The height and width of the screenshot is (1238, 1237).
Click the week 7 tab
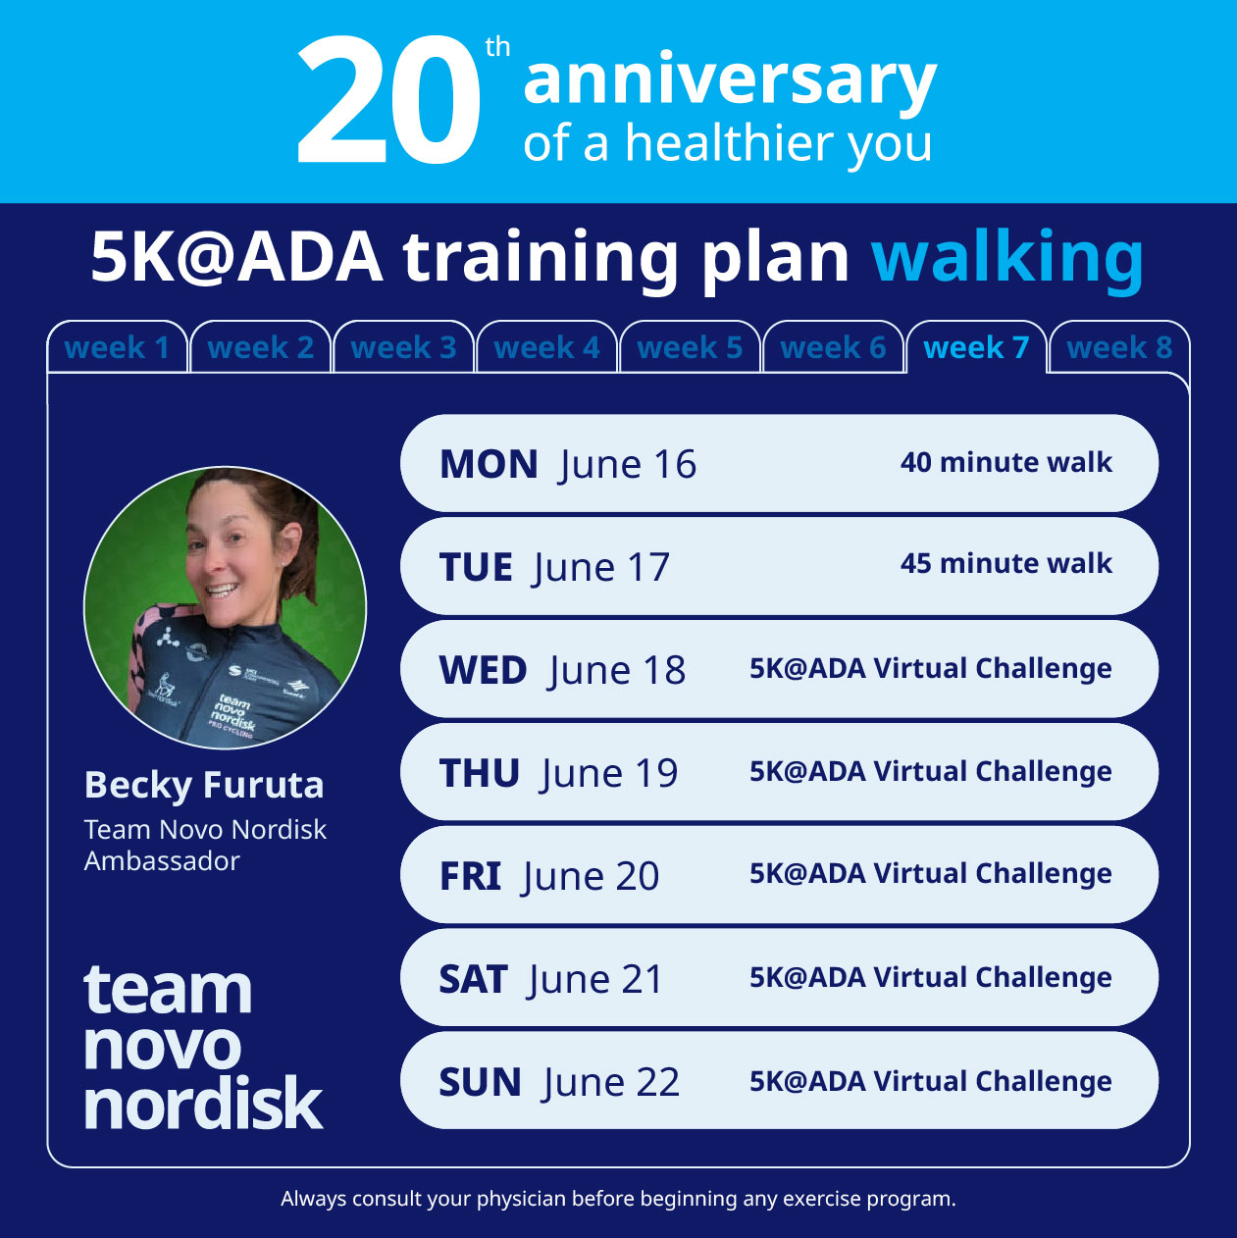point(976,347)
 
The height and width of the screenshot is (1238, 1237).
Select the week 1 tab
point(117,347)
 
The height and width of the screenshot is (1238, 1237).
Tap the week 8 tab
point(1119,347)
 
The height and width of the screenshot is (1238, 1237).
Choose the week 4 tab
point(546,347)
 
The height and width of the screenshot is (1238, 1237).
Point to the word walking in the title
point(1007,257)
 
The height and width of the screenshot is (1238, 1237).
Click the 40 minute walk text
point(1005,462)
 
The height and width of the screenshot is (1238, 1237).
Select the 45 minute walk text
point(1005,563)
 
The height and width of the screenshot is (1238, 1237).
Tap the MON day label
point(489,464)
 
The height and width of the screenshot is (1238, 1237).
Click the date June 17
point(601,568)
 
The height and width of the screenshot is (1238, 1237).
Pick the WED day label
point(483,671)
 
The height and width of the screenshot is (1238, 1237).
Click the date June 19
point(608,774)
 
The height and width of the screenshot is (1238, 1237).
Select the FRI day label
point(470,877)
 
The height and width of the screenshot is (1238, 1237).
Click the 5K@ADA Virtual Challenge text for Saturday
point(930,978)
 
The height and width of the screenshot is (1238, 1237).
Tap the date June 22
point(610,1083)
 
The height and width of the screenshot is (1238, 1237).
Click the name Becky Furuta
point(204,785)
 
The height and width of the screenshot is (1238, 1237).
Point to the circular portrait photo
point(225,608)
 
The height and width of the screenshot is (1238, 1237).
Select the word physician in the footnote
point(521,1199)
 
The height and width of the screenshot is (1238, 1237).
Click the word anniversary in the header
point(730,80)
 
